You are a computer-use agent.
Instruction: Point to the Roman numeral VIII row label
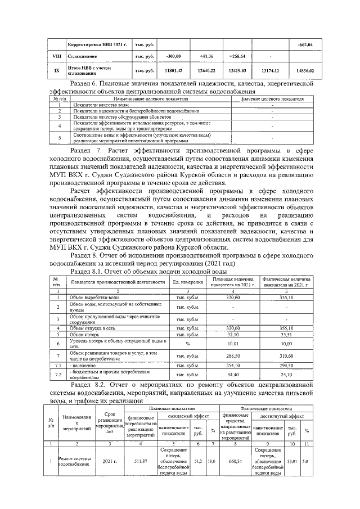click(x=56, y=57)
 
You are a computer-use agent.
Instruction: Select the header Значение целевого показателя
click(x=272, y=98)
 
